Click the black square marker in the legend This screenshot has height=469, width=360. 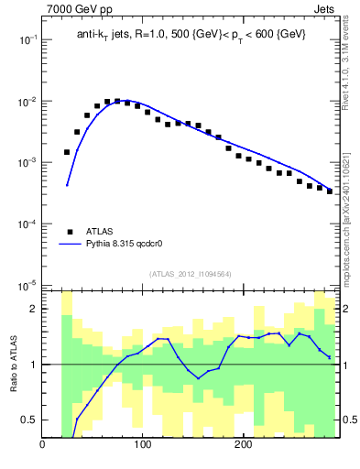tap(70, 232)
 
